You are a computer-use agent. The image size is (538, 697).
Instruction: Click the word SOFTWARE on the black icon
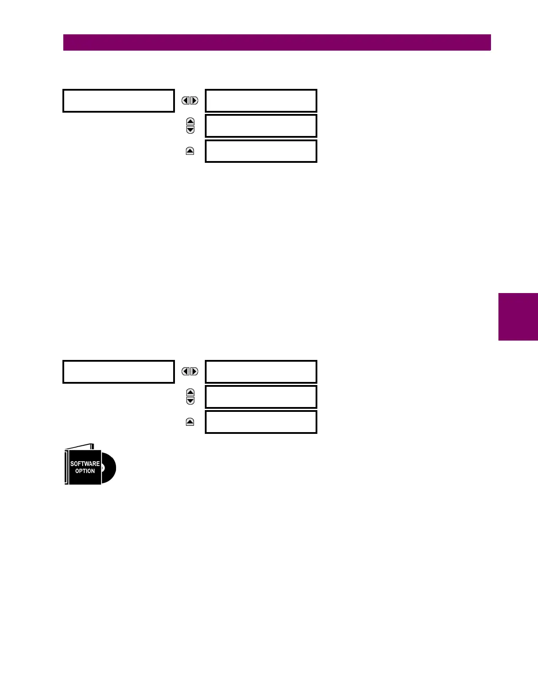[x=85, y=463]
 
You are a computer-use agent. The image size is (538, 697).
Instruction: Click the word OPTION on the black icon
[x=85, y=471]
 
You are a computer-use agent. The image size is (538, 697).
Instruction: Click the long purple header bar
[x=277, y=43]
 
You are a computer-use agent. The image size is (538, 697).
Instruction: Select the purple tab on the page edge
[x=518, y=317]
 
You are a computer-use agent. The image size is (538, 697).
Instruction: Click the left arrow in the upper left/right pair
[x=186, y=101]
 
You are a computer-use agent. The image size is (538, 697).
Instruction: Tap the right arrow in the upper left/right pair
[x=194, y=101]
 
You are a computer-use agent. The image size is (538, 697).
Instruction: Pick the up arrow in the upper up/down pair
[x=190, y=121]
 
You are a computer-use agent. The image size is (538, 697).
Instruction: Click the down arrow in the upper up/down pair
[x=190, y=130]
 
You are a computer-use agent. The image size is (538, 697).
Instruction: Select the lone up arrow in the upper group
[x=190, y=151]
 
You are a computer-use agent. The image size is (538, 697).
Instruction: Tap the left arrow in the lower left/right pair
[x=186, y=371]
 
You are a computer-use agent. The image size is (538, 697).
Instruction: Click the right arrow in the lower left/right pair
[x=194, y=371]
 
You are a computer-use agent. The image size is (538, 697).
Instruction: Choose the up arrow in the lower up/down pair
[x=190, y=393]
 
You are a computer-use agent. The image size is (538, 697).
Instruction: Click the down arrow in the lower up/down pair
[x=190, y=401]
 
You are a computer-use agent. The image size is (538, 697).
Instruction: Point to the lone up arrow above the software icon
[x=190, y=422]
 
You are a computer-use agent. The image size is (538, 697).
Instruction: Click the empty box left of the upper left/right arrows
[x=119, y=101]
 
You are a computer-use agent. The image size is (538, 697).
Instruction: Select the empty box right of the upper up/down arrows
[x=261, y=126]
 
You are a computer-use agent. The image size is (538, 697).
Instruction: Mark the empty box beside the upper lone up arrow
[x=261, y=151]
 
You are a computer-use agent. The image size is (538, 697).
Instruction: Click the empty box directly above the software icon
[x=119, y=372]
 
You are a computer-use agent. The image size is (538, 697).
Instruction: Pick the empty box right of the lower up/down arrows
[x=261, y=397]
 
